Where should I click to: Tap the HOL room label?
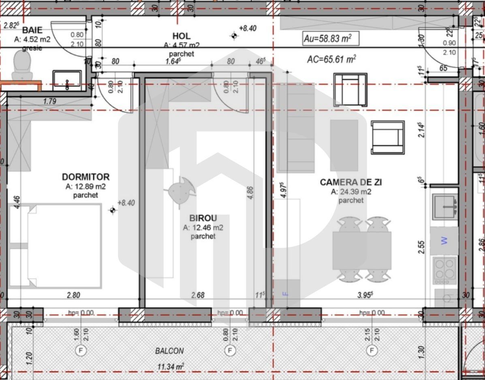point(181,36)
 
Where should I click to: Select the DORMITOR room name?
point(85,177)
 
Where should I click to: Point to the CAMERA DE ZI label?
point(350,182)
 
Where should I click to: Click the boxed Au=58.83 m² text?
point(327,39)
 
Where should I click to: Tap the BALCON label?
point(169,351)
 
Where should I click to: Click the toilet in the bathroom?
point(22,65)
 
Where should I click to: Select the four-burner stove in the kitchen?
point(445,270)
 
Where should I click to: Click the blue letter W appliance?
point(444,241)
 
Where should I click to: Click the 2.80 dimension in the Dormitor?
point(73,295)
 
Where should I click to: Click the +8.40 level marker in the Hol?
point(247,29)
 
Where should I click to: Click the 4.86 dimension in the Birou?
point(250,192)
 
